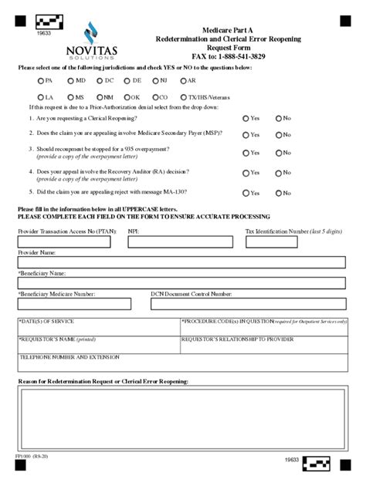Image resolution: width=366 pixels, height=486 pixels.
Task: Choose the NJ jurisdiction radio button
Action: point(153,80)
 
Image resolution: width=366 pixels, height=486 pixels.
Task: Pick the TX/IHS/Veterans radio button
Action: point(182,98)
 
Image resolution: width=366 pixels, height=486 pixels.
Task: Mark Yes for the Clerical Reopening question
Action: point(246,118)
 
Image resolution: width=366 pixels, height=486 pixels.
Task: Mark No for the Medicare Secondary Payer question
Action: point(278,134)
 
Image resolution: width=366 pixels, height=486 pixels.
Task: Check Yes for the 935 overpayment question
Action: point(246,153)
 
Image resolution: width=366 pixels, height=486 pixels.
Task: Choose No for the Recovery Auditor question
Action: point(278,173)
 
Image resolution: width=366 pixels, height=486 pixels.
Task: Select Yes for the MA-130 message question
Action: point(246,192)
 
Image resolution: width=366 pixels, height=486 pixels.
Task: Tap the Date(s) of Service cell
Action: point(97,326)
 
